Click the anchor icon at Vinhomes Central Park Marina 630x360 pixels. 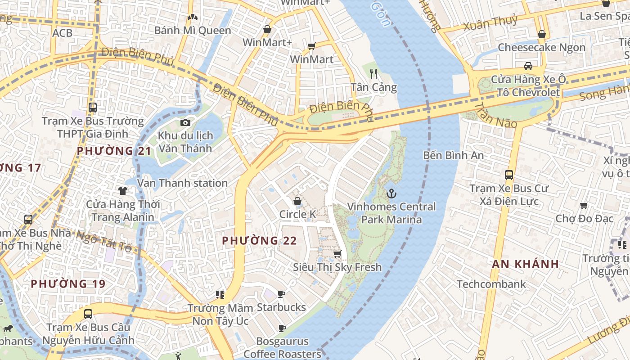click(391, 193)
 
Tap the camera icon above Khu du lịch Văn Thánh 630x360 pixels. click(185, 122)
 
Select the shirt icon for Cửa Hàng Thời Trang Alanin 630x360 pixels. click(122, 191)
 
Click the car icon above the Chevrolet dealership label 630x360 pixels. click(528, 66)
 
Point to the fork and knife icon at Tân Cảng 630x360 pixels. click(373, 73)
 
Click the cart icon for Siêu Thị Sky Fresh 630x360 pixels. click(337, 254)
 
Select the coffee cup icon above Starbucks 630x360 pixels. click(281, 294)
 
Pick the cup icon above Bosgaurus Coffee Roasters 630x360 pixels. click(282, 328)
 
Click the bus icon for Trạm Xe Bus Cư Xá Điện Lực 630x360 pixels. click(509, 175)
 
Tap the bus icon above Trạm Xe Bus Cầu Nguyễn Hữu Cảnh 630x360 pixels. click(88, 314)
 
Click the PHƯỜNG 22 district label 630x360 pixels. click(260, 241)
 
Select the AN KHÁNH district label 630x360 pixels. click(525, 264)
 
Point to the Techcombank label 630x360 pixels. click(491, 284)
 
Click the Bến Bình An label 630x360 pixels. click(454, 155)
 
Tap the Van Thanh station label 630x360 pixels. click(182, 183)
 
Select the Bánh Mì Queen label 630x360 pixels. click(193, 31)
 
